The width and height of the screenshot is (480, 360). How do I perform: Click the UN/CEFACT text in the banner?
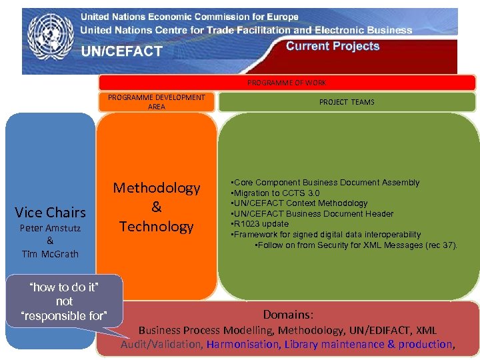121,51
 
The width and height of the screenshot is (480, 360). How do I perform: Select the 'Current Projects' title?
333,46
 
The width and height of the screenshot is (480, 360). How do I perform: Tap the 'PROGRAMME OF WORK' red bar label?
287,83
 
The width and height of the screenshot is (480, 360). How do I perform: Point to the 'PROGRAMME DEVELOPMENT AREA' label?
157,102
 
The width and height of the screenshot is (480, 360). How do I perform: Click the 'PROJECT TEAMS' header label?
347,102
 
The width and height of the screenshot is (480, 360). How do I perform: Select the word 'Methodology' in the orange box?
157,188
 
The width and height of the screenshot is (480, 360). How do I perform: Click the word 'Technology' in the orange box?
157,227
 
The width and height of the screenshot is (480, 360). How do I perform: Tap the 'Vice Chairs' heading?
51,213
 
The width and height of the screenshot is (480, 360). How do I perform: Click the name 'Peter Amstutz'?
50,228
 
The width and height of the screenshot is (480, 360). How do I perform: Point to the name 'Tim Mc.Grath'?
50,253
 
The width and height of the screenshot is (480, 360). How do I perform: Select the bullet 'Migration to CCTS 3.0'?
277,193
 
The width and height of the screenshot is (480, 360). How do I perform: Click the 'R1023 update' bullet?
261,224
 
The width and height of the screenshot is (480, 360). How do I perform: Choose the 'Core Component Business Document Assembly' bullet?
326,182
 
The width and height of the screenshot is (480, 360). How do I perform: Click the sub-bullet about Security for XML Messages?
357,245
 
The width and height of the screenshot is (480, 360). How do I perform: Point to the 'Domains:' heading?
288,314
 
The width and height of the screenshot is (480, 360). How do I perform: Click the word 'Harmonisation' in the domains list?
243,344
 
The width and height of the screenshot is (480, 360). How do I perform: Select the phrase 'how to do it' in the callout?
64,287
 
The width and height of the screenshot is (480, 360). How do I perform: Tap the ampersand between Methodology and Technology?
157,207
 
